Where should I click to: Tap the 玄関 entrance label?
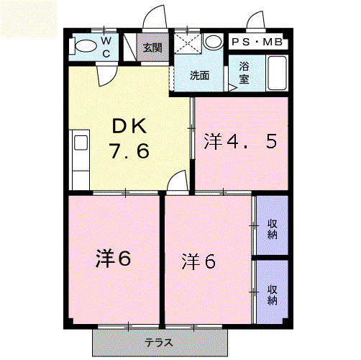[x=152, y=48]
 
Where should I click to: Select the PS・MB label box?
[x=257, y=42]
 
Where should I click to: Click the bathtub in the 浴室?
[x=277, y=73]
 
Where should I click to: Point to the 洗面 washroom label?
[x=199, y=76]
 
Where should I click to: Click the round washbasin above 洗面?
[x=214, y=41]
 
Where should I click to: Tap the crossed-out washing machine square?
[x=188, y=43]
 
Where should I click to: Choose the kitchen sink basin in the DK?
[x=81, y=143]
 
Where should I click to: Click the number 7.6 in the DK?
[x=129, y=150]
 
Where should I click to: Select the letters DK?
[x=129, y=126]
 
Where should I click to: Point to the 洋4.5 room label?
[x=240, y=141]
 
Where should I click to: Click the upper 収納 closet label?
[x=273, y=229]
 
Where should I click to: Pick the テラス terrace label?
[x=159, y=342]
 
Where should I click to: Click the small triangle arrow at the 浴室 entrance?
[x=232, y=88]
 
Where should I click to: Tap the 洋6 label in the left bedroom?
[x=113, y=258]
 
